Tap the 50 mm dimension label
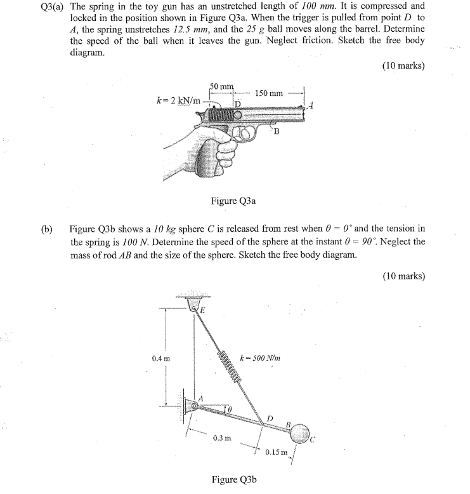(221, 86)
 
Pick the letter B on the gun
(277, 131)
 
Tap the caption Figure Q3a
(233, 201)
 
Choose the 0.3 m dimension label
(222, 437)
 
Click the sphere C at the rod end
(300, 431)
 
